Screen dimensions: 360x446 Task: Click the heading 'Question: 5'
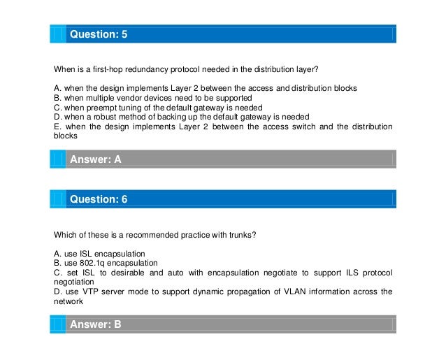(x=99, y=34)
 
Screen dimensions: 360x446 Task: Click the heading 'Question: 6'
(x=99, y=199)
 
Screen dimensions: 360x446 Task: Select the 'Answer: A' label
(x=96, y=159)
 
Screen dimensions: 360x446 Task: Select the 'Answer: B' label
(x=96, y=324)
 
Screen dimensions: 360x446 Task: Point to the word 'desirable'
(x=124, y=272)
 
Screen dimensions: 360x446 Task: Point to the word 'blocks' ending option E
(x=66, y=137)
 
